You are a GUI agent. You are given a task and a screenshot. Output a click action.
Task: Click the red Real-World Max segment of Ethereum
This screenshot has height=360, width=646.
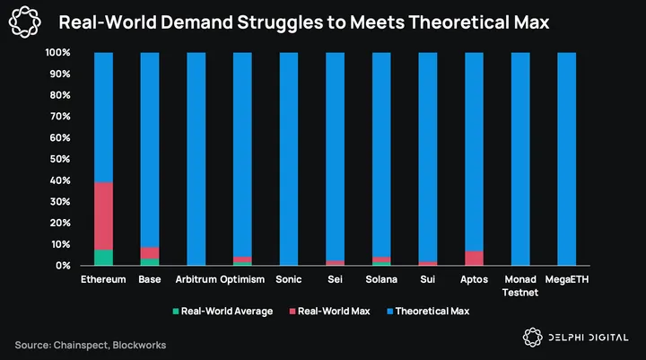tap(104, 216)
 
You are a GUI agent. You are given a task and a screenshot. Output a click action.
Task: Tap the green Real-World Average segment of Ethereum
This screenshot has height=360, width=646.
tap(104, 258)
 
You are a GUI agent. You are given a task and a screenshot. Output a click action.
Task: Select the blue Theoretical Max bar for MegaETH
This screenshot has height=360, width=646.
tap(567, 158)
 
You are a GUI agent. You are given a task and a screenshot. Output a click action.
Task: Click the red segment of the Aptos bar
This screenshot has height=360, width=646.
tap(475, 259)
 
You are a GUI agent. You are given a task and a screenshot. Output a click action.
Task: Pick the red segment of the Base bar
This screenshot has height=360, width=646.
tap(150, 252)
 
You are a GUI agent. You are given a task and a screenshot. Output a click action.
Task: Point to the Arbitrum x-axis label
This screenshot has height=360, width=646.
tap(196, 279)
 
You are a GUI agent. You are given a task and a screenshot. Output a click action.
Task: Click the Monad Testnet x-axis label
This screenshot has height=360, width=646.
tap(520, 285)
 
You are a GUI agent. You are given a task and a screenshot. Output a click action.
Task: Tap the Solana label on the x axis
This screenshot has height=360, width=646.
tap(381, 279)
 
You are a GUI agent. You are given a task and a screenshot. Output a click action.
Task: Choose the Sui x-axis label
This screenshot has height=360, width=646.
tap(428, 279)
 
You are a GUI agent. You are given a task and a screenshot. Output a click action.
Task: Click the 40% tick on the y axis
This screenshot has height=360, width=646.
tap(58, 180)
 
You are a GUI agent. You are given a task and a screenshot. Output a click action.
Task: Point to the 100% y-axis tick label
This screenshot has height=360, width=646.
tap(57, 53)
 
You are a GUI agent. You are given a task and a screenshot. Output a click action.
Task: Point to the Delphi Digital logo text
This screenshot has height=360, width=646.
tap(589, 337)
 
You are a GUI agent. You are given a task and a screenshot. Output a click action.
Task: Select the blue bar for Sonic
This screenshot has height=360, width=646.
tap(289, 158)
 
